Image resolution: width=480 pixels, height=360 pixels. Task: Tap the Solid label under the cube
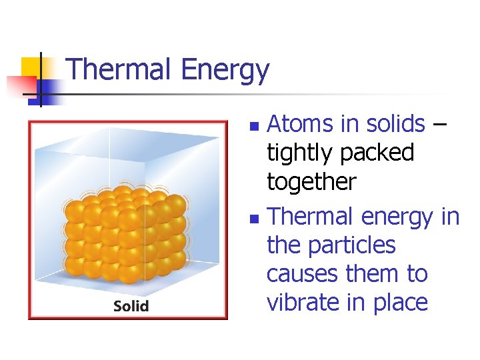pyautogui.click(x=131, y=306)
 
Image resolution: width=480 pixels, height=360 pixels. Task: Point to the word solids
pyautogui.click(x=393, y=124)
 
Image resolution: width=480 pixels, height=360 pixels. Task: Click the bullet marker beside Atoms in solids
pyautogui.click(x=252, y=125)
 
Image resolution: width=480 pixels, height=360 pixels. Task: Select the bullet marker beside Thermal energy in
pyautogui.click(x=252, y=218)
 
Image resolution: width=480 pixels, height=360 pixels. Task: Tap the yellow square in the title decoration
pyautogui.click(x=31, y=67)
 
